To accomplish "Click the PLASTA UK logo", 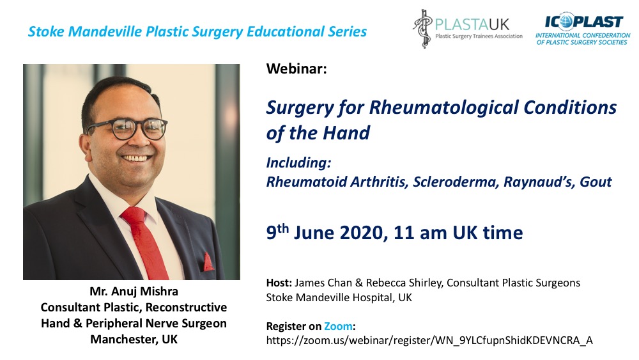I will point(467,29).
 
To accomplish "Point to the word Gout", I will point(596,182).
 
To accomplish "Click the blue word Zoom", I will point(338,326).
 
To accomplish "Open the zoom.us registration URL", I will point(429,340).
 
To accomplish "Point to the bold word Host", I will point(279,283).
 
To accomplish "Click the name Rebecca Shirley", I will point(385,283).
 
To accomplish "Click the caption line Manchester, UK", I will point(134,340).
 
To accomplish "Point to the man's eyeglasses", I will point(127,129).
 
